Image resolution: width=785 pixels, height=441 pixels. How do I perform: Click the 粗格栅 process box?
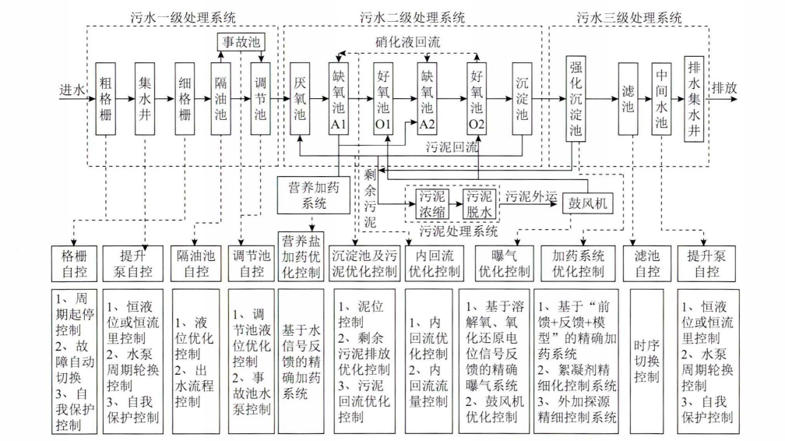pos(107,100)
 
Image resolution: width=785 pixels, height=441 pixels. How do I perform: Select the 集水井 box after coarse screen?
pos(145,100)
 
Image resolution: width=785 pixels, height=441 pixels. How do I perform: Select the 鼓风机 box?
pos(586,203)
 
